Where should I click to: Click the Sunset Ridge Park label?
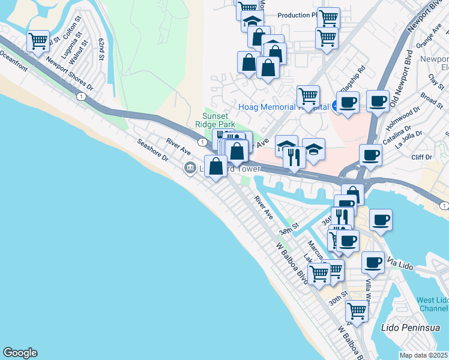pyautogui.click(x=215, y=120)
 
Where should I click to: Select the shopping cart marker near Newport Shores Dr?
pyautogui.click(x=38, y=41)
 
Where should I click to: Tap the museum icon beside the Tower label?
pyautogui.click(x=190, y=167)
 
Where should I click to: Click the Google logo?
pyautogui.click(x=20, y=353)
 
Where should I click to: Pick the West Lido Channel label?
pyautogui.click(x=433, y=304)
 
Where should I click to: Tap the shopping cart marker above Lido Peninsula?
pyautogui.click(x=357, y=311)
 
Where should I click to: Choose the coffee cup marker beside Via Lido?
pyautogui.click(x=373, y=262)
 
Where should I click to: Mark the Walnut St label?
pyautogui.click(x=79, y=51)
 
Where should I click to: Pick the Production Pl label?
pyautogui.click(x=297, y=15)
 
